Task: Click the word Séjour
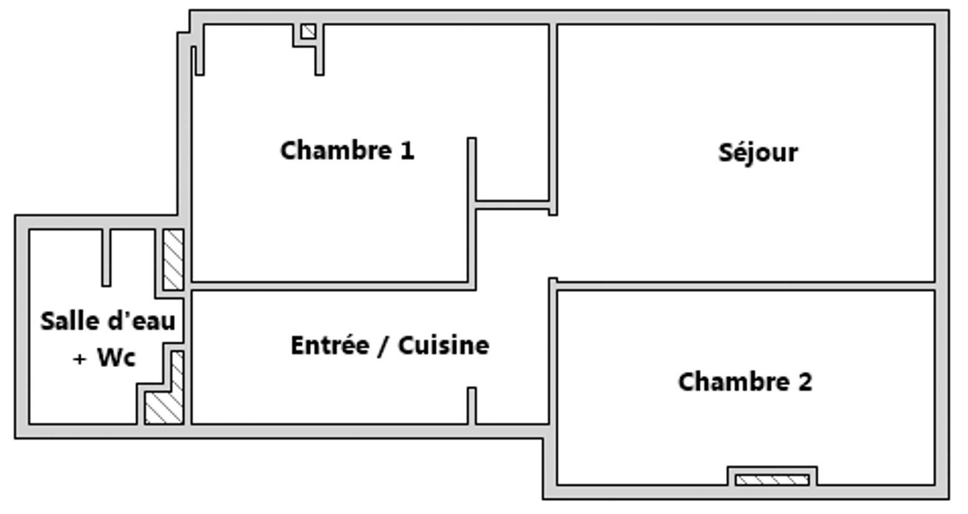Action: click(758, 153)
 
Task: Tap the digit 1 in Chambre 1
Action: click(407, 151)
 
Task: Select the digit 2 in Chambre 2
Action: click(805, 383)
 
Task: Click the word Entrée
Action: click(331, 345)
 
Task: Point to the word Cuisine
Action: click(444, 345)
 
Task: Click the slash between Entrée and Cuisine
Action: click(384, 346)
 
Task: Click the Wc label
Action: click(117, 358)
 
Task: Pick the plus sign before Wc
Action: click(79, 359)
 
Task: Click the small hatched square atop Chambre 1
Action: click(308, 32)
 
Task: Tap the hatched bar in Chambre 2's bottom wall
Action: click(772, 480)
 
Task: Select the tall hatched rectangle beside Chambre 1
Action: click(173, 260)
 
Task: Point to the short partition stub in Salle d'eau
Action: click(106, 257)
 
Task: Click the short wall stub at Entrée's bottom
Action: click(472, 406)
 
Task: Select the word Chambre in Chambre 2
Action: click(734, 382)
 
